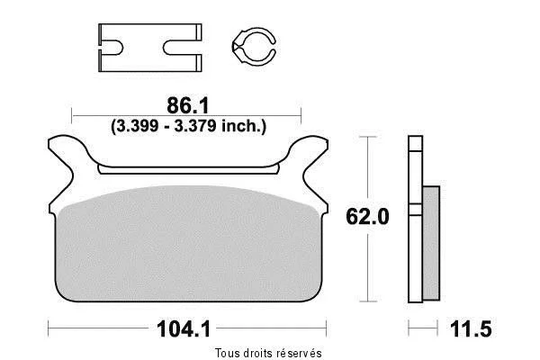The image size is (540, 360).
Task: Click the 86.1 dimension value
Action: pos(188,105)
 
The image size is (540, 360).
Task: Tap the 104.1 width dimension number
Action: pos(184,328)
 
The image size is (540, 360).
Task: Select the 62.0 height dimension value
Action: pos(367,217)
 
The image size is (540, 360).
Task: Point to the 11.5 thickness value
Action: pos(471,328)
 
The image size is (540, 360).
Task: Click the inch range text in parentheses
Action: pos(188,126)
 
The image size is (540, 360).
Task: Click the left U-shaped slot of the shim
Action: pos(112,48)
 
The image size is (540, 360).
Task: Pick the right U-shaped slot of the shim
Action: pos(182,48)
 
